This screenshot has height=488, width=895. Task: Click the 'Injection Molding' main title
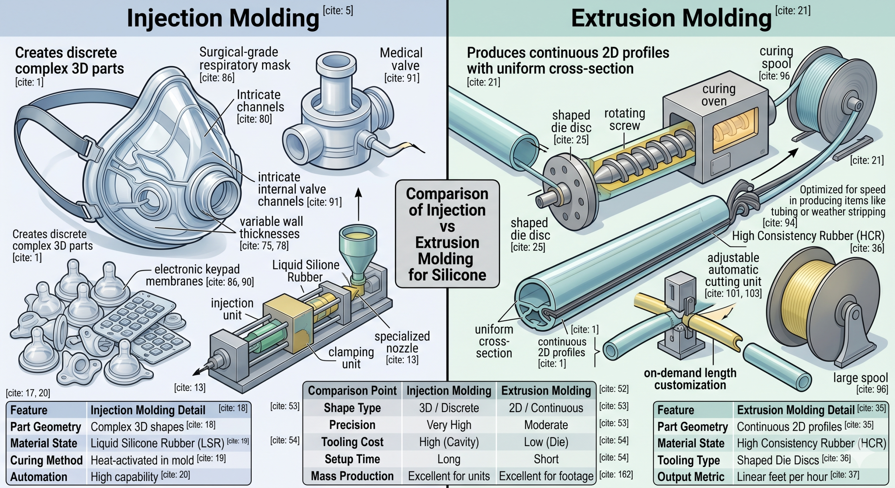(223, 18)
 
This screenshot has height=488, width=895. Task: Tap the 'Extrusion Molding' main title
(671, 18)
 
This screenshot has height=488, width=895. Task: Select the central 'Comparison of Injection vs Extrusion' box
(447, 234)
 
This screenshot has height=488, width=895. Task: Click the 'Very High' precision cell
(449, 425)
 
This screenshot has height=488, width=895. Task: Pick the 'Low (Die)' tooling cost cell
(546, 442)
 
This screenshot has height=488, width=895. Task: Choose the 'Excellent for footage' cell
(546, 476)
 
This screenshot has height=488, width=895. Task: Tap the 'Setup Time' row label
(352, 459)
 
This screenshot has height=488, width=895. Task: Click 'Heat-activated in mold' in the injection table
(142, 460)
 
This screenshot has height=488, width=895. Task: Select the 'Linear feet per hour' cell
(782, 477)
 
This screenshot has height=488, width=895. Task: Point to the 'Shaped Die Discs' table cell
(778, 460)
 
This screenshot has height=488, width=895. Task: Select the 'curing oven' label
(719, 95)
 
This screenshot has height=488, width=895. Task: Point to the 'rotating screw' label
(624, 120)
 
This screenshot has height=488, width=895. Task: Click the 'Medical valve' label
(401, 59)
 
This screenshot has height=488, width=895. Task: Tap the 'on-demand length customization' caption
(690, 379)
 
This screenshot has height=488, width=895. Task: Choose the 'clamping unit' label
(351, 358)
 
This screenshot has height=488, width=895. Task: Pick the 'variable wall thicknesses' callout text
(271, 228)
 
